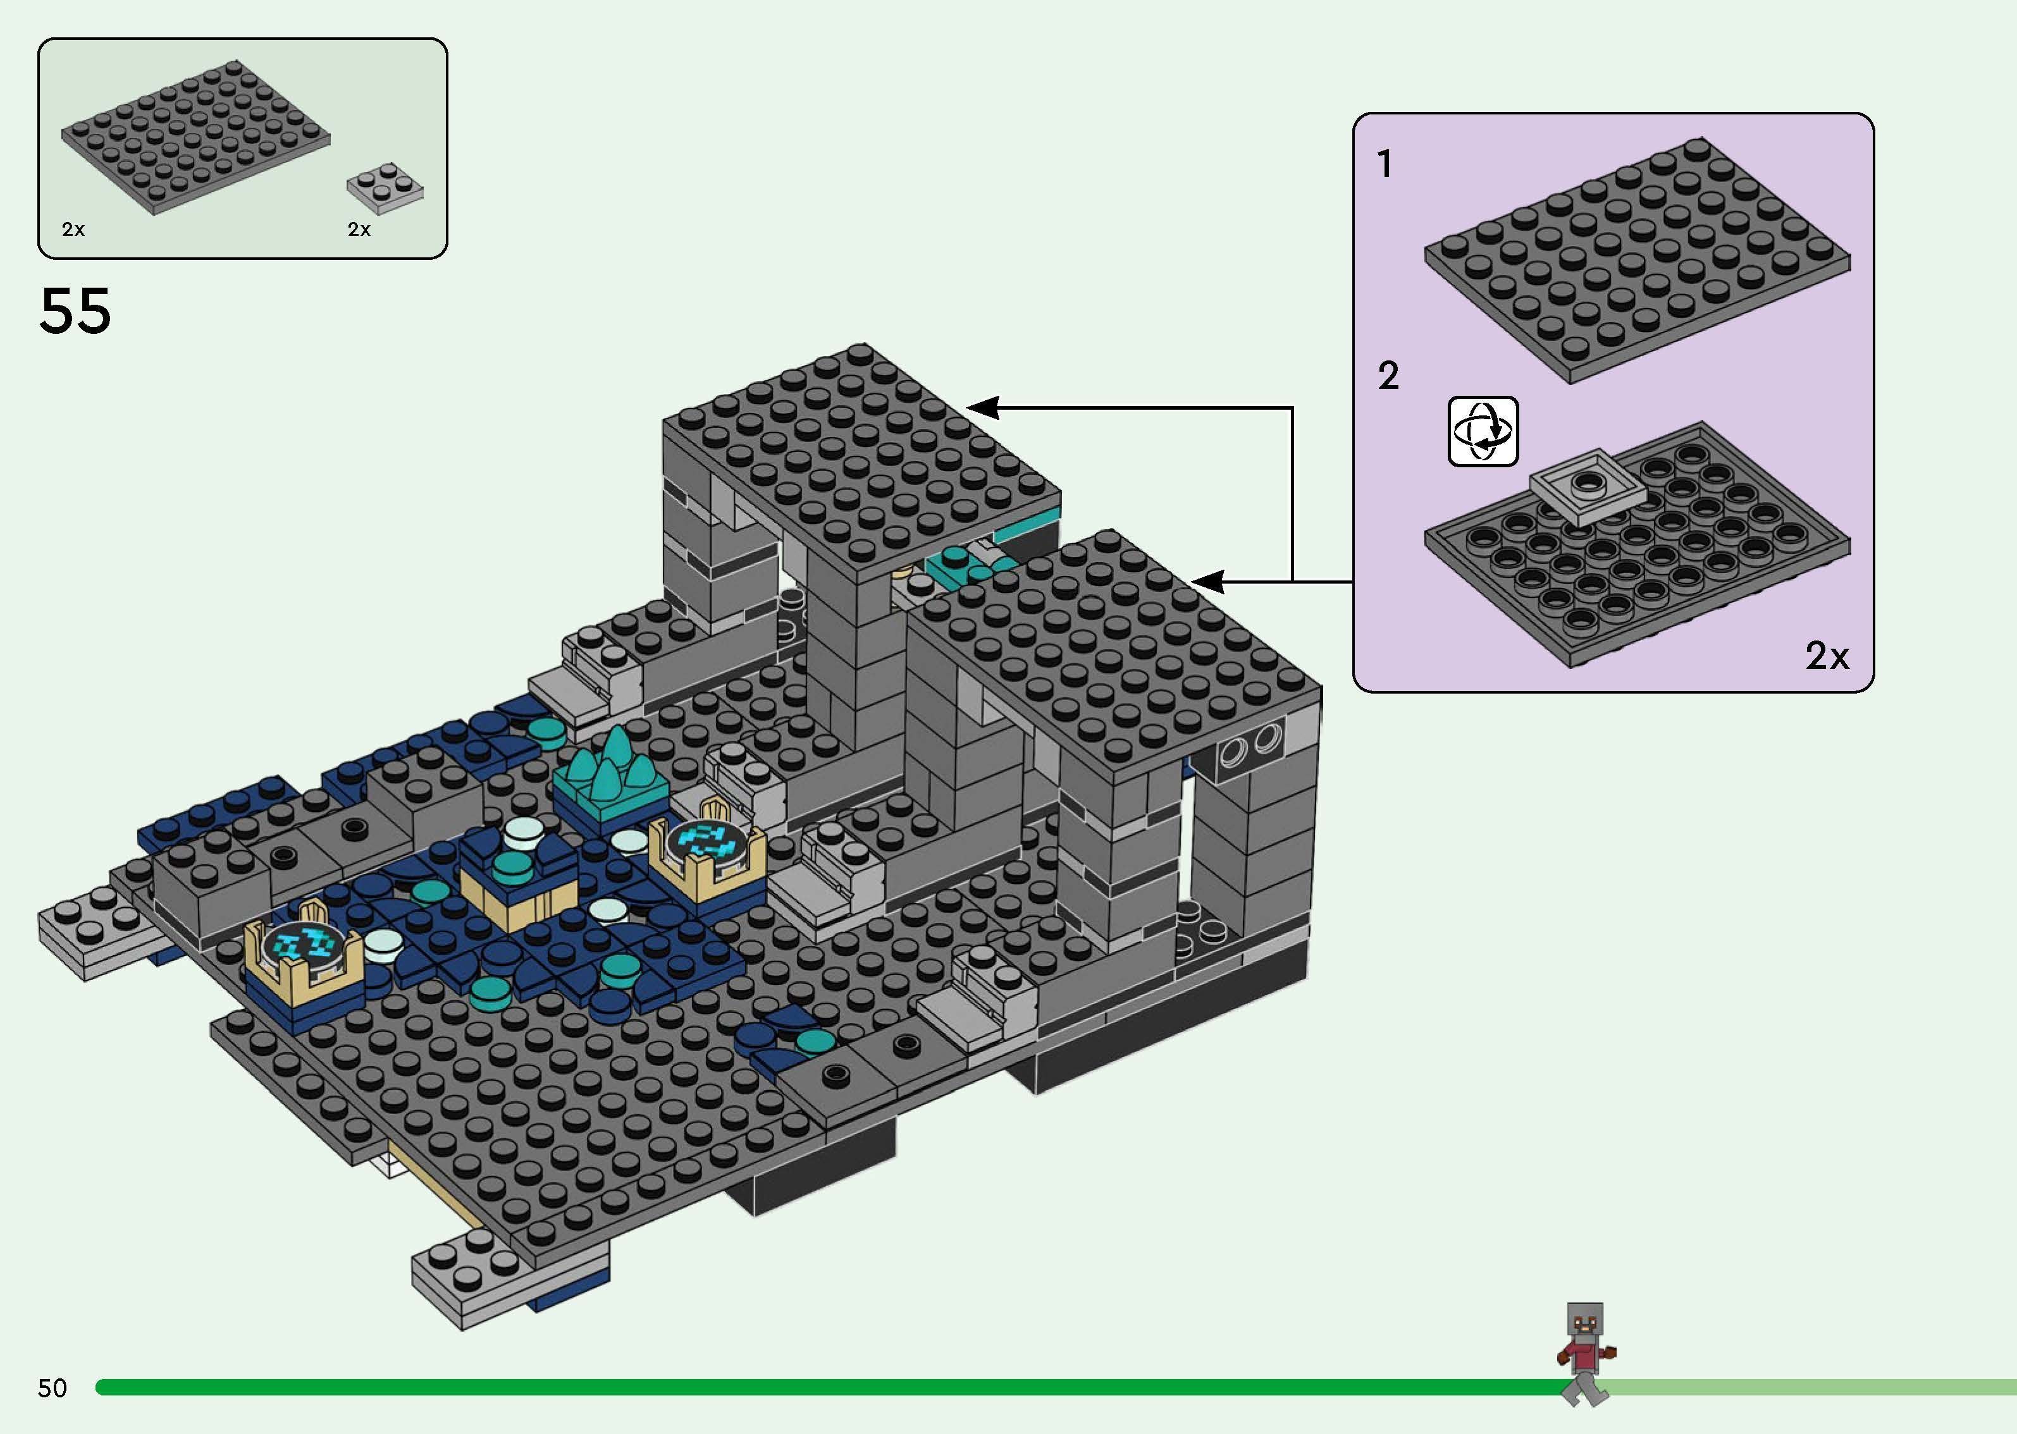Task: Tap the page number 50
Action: [x=52, y=1388]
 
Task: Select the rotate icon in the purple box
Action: [x=1483, y=432]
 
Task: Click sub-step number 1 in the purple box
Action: [x=1385, y=164]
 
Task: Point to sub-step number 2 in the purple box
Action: [x=1388, y=376]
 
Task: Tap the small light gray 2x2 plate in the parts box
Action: [x=385, y=187]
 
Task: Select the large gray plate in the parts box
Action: [x=196, y=137]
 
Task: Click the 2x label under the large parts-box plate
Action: [x=73, y=230]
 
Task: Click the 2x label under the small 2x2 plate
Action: [x=359, y=230]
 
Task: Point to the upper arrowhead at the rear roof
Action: [x=982, y=408]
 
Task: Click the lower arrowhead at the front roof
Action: [x=1207, y=582]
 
